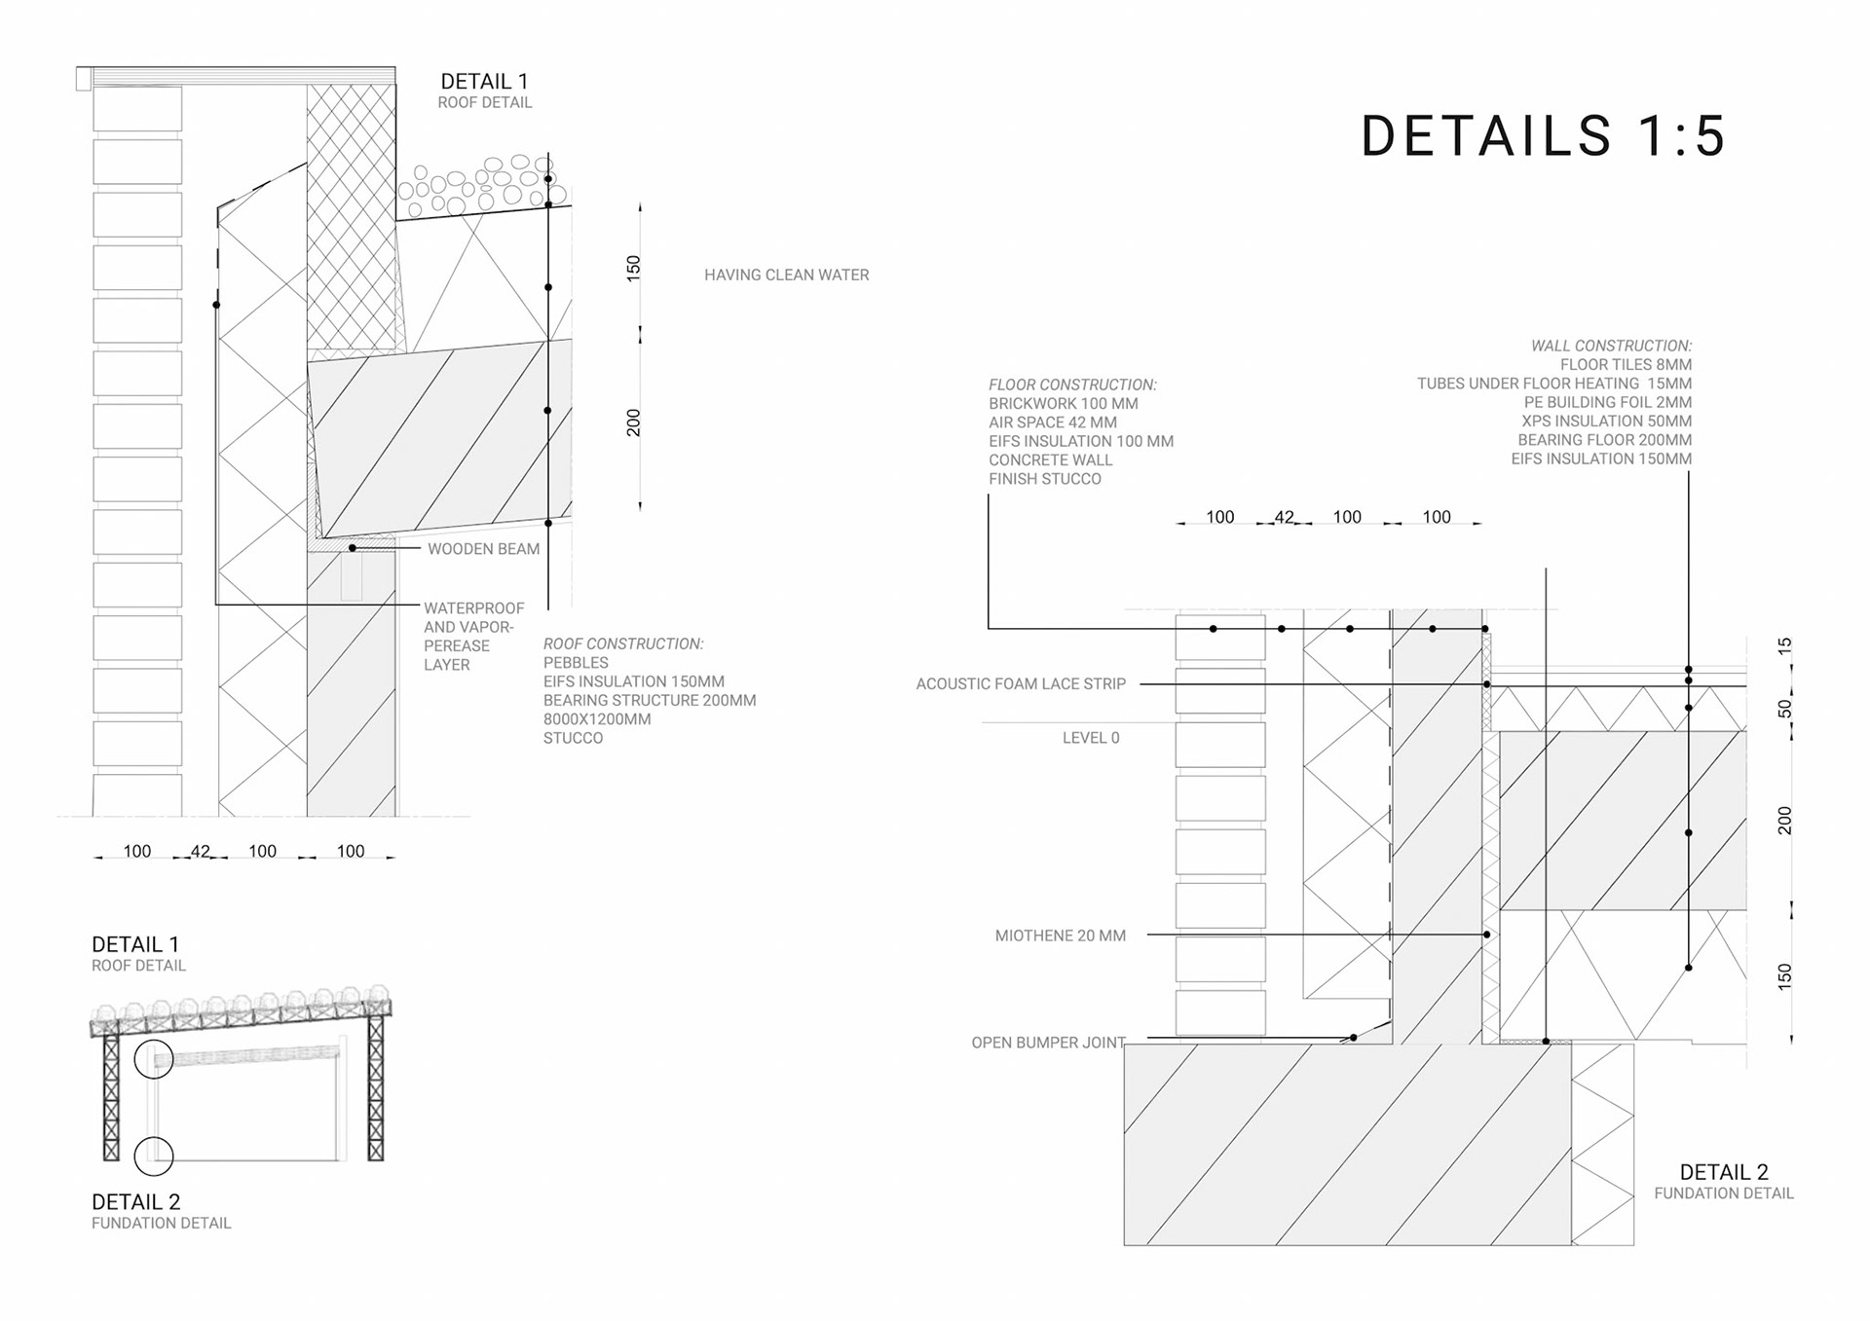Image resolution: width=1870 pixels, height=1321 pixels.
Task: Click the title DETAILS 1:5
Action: click(1543, 135)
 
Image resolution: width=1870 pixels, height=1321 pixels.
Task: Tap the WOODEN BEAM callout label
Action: click(483, 549)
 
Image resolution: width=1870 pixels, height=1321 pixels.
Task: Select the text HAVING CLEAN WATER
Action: click(786, 275)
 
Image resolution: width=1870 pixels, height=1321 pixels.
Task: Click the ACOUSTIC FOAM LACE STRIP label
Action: click(1020, 684)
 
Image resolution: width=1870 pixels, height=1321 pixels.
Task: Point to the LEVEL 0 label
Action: click(1091, 738)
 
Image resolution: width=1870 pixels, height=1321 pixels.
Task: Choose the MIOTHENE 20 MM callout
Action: click(1060, 936)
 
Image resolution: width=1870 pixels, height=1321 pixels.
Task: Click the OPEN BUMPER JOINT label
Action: click(1048, 1043)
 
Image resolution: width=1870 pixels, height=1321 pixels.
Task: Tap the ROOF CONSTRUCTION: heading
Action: click(622, 643)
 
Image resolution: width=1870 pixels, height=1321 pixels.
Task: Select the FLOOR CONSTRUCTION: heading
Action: click(1072, 385)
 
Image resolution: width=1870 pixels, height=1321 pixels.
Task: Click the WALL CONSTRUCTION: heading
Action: click(1611, 346)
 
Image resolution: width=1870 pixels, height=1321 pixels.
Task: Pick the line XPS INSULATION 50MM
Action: click(1606, 422)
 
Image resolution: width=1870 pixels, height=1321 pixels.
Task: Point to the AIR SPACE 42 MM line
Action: click(1052, 422)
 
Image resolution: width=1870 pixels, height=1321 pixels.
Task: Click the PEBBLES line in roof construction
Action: click(576, 663)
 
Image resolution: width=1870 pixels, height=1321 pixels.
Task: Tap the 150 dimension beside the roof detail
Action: click(634, 268)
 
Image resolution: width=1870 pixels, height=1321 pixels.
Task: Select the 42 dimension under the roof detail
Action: click(200, 851)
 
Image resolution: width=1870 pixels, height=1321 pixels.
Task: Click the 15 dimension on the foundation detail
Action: click(1783, 645)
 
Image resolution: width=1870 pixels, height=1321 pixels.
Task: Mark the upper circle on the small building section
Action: click(154, 1058)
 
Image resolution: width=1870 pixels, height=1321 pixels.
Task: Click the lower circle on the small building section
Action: click(154, 1156)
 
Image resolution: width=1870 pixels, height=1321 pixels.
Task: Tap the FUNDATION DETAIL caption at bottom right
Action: click(1723, 1193)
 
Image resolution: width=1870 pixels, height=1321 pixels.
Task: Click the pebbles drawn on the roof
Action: click(477, 185)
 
